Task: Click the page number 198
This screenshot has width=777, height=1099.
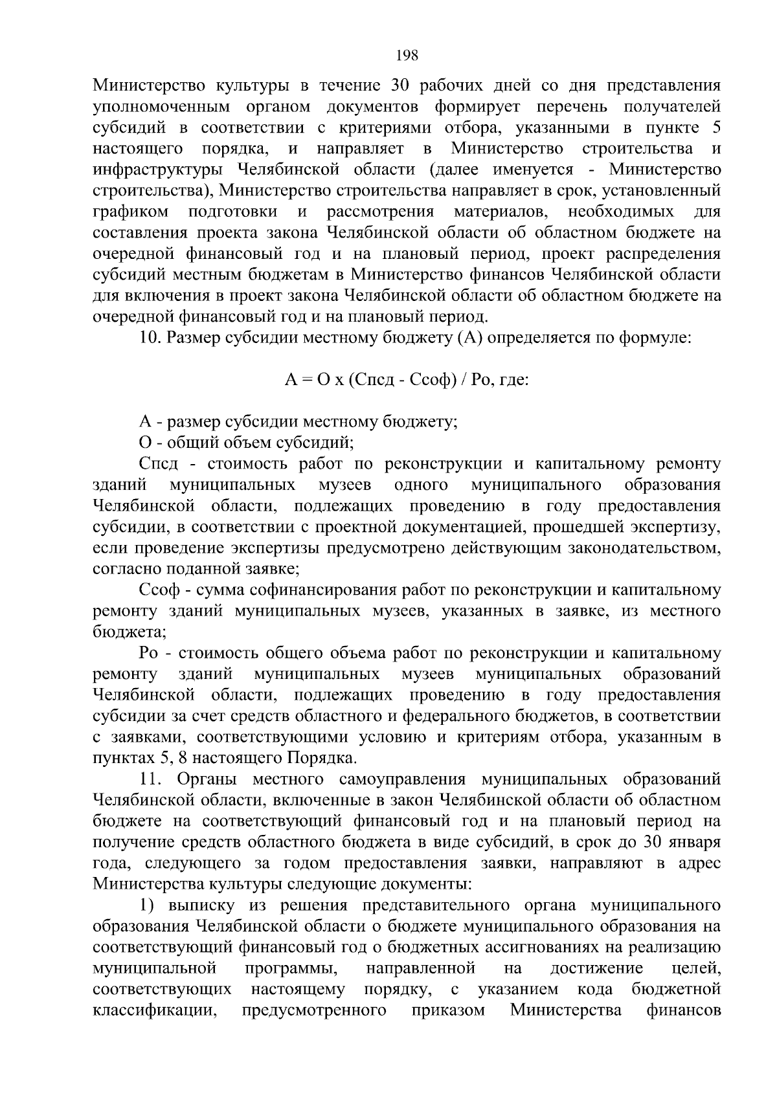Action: [x=407, y=55]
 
